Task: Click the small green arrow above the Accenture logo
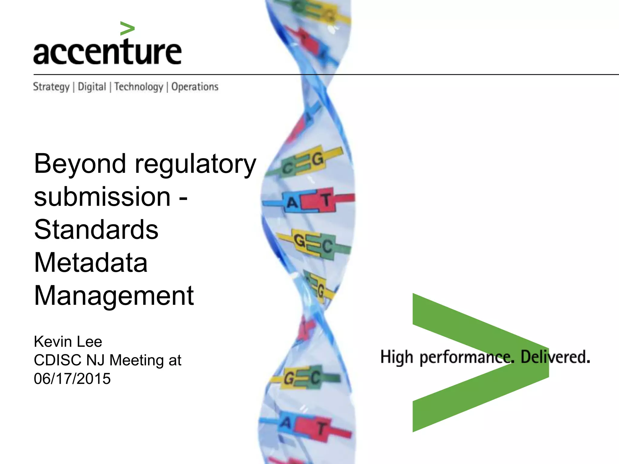click(127, 29)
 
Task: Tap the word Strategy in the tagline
click(51, 87)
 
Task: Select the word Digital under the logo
click(92, 87)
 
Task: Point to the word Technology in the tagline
click(139, 87)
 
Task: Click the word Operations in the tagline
click(195, 87)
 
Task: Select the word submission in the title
click(102, 197)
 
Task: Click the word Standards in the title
click(96, 230)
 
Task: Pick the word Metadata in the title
click(91, 263)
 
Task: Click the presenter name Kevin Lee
click(68, 342)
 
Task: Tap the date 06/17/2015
click(72, 379)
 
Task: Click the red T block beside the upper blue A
click(325, 200)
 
